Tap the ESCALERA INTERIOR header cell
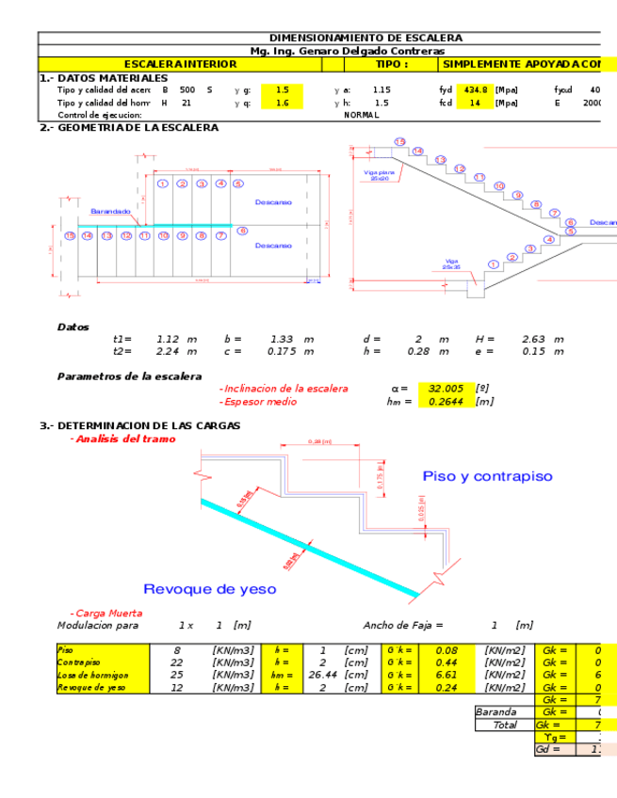(x=180, y=64)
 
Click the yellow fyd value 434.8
(x=474, y=90)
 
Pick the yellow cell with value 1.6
(x=282, y=104)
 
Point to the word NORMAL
(x=362, y=115)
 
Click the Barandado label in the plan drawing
(x=110, y=212)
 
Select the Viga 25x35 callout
(x=451, y=264)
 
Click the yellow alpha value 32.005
(x=446, y=389)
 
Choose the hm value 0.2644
(x=445, y=402)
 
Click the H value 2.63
(x=534, y=339)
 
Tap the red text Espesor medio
(x=259, y=402)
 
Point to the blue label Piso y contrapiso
(x=487, y=476)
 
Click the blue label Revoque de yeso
(x=210, y=589)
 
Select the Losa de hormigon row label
(x=92, y=675)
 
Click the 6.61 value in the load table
(x=445, y=675)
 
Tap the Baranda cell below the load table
(x=496, y=712)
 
